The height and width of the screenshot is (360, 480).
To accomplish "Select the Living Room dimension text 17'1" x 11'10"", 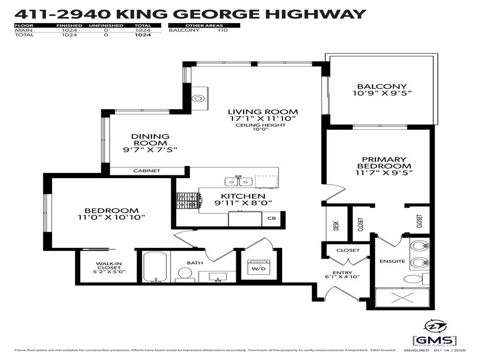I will click(x=262, y=119).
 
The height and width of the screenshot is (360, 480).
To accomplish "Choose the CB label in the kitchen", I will click(x=271, y=218).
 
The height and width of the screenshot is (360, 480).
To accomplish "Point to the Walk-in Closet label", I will click(x=109, y=267).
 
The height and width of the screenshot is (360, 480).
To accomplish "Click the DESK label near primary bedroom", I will click(x=336, y=225).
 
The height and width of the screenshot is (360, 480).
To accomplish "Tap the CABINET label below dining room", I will click(x=147, y=171).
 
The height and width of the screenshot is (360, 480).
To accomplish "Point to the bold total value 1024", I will click(x=143, y=35).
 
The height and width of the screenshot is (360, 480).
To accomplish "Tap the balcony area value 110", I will click(x=222, y=30).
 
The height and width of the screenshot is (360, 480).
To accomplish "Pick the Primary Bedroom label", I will click(x=384, y=163).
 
